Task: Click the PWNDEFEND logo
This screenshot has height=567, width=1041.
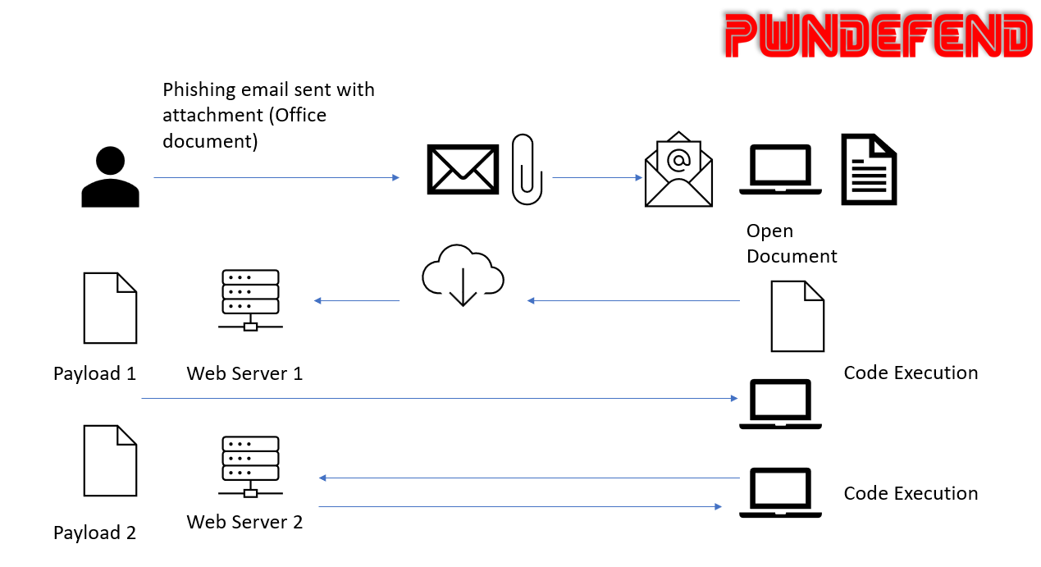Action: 878,36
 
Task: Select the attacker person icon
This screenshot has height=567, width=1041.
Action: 110,177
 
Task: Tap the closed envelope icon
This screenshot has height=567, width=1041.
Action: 463,169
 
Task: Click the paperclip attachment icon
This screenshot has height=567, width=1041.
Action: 527,169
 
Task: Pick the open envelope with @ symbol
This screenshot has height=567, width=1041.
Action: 678,169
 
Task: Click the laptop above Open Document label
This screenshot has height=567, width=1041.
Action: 780,170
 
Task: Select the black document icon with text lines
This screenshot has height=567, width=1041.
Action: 869,169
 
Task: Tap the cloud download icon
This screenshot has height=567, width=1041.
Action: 463,275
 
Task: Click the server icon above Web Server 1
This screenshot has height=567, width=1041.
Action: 250,300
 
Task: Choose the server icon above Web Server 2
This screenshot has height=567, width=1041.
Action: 250,466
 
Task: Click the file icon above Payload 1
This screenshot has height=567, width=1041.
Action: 110,308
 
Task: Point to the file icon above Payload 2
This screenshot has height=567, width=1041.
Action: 110,460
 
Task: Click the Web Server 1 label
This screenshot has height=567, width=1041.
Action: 244,374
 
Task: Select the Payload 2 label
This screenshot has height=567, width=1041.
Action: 94,533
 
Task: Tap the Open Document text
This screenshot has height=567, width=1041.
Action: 791,244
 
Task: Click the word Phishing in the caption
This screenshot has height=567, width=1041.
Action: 199,90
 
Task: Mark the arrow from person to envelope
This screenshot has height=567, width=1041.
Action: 276,177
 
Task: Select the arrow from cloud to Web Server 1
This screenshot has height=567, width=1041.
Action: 357,301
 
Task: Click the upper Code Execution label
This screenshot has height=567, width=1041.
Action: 911,373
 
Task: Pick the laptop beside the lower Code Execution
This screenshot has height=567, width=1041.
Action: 780,492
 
